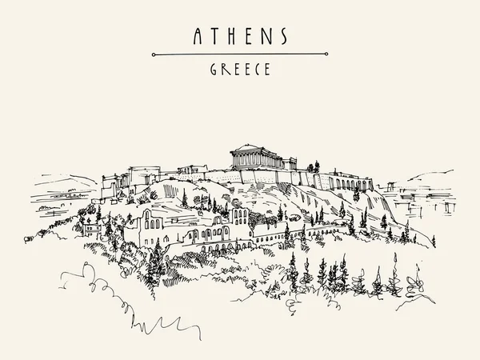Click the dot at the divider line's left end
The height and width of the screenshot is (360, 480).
tap(154, 54)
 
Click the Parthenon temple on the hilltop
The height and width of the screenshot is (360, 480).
tap(251, 158)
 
